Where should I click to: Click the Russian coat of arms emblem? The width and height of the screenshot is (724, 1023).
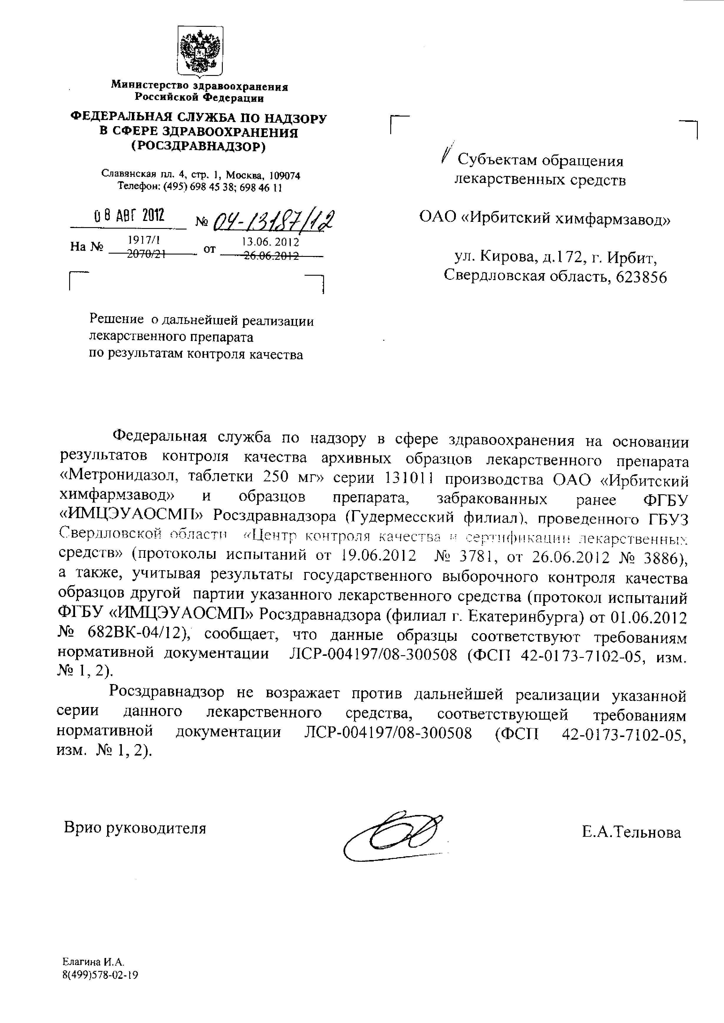tap(200, 51)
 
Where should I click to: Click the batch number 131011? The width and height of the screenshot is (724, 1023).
tap(409, 478)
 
